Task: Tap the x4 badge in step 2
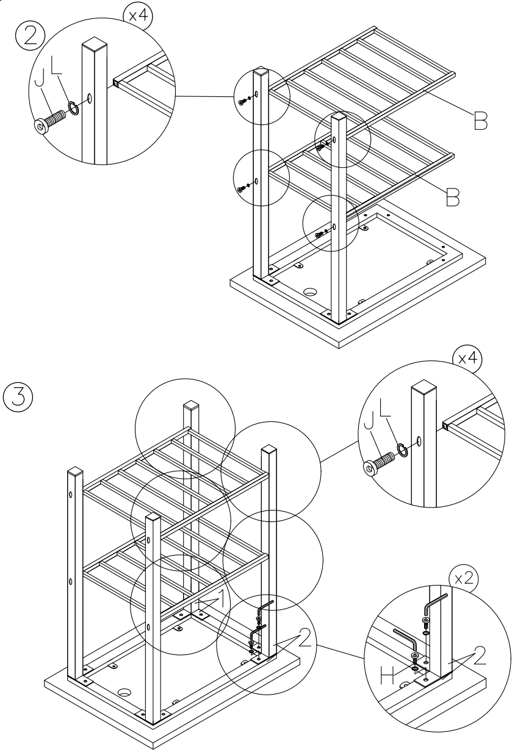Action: point(139,13)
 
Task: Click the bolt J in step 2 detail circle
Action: point(48,120)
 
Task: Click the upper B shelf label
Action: point(480,121)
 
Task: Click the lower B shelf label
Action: point(452,196)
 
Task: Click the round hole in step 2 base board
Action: point(312,292)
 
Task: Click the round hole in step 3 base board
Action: point(125,693)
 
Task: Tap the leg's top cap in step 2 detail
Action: point(95,46)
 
